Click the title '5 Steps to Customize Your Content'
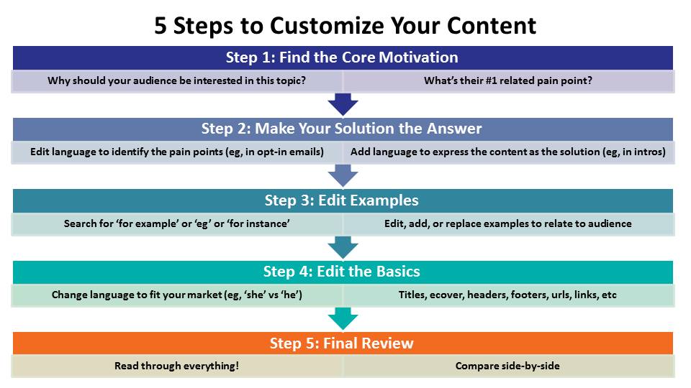pos(345,26)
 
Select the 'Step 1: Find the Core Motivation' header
pos(343,57)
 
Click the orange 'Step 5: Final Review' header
pos(343,343)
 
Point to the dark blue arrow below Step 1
pos(343,104)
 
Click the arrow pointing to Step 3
pos(343,176)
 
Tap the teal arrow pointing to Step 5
pos(343,319)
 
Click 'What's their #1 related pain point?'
pos(508,81)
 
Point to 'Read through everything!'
pos(177,366)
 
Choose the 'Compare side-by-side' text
pos(507,366)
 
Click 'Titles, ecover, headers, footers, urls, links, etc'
pos(507,295)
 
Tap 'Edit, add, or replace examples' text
pos(456,223)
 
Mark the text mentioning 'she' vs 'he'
pos(177,295)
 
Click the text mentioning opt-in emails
pos(177,152)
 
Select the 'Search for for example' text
pos(177,223)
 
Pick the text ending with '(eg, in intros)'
pos(508,152)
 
